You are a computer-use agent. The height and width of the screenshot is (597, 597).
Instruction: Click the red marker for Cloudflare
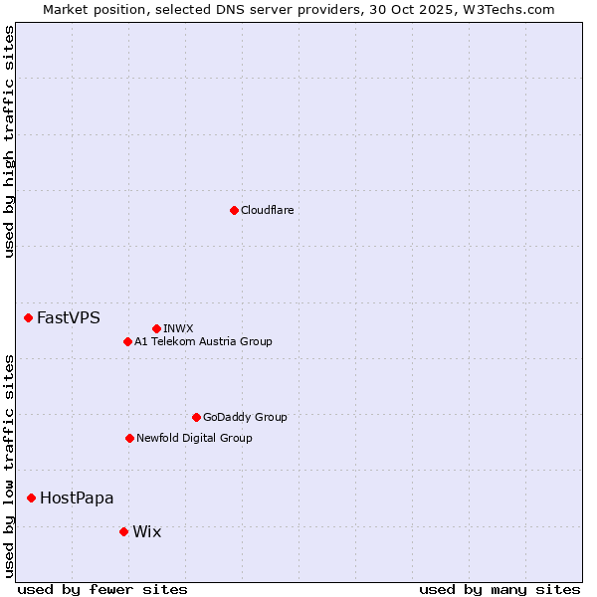[x=234, y=210]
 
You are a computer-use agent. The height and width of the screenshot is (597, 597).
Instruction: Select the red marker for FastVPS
[x=28, y=317]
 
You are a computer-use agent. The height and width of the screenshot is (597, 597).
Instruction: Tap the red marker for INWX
[x=156, y=328]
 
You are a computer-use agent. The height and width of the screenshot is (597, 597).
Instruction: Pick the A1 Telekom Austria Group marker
[x=127, y=341]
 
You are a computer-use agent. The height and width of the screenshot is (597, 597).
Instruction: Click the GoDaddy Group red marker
[x=196, y=417]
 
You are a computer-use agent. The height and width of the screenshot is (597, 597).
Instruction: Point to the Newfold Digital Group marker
[x=129, y=438]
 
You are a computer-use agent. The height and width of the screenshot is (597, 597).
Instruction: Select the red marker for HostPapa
[x=31, y=497]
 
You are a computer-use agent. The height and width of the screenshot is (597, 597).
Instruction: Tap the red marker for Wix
[x=123, y=531]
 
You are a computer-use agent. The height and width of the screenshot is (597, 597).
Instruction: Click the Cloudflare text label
[x=267, y=210]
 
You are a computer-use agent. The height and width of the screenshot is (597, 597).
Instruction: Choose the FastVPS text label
[x=68, y=317]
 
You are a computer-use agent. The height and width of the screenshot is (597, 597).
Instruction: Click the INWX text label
[x=178, y=328]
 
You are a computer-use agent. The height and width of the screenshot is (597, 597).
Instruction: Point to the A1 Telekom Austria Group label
[x=203, y=341]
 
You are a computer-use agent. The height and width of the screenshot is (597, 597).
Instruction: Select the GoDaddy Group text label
[x=245, y=417]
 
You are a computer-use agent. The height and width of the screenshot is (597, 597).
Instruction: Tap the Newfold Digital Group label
[x=194, y=438]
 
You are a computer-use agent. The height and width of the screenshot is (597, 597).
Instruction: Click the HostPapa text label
[x=77, y=497]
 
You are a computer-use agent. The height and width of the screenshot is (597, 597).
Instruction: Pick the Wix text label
[x=146, y=531]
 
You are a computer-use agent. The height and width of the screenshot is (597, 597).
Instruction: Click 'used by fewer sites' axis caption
[x=102, y=589]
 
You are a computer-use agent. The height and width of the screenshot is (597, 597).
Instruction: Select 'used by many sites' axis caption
[x=499, y=589]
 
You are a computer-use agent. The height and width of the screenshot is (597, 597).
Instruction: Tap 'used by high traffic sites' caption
[x=9, y=141]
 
